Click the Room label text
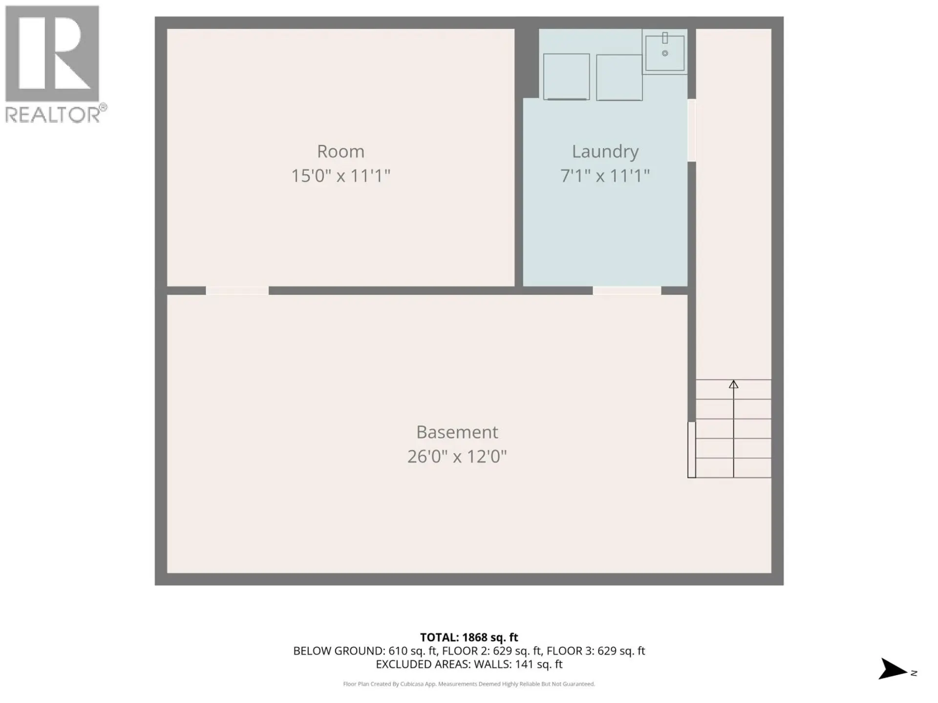click(341, 151)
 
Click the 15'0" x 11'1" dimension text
click(341, 176)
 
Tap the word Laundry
click(605, 151)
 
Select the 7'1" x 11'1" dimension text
click(605, 176)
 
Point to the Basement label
click(457, 432)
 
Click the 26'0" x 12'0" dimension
click(457, 456)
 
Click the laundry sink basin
click(664, 53)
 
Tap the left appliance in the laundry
click(566, 77)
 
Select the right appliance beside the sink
click(619, 77)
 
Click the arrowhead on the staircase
click(733, 384)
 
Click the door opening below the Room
click(237, 291)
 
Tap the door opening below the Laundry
click(627, 291)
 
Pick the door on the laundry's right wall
click(692, 130)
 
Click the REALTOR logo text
click(54, 114)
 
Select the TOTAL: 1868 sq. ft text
click(469, 637)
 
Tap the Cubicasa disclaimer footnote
click(469, 684)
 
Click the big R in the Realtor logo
click(52, 54)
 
